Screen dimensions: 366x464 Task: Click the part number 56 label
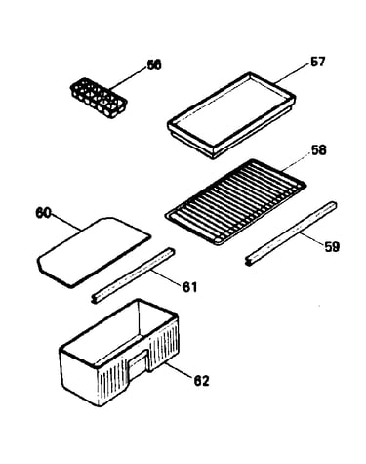point(154,65)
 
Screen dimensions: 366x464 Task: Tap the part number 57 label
point(317,62)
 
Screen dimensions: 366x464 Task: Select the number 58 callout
point(318,150)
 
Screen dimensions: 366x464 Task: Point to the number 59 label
point(332,246)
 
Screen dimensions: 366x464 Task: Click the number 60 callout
point(44,214)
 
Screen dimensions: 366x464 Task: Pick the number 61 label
point(189,287)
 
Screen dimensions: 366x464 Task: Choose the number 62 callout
point(201,380)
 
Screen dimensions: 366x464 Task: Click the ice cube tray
point(99,98)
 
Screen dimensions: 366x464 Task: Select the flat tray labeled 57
point(231,115)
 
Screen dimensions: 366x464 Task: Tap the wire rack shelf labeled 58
point(235,202)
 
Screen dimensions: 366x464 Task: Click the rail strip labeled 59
point(291,233)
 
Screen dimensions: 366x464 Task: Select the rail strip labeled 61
point(133,275)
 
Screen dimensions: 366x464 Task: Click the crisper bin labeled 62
point(119,353)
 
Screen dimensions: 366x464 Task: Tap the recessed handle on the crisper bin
point(139,365)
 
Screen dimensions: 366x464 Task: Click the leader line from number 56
point(128,78)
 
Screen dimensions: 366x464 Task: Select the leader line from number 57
point(293,72)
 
